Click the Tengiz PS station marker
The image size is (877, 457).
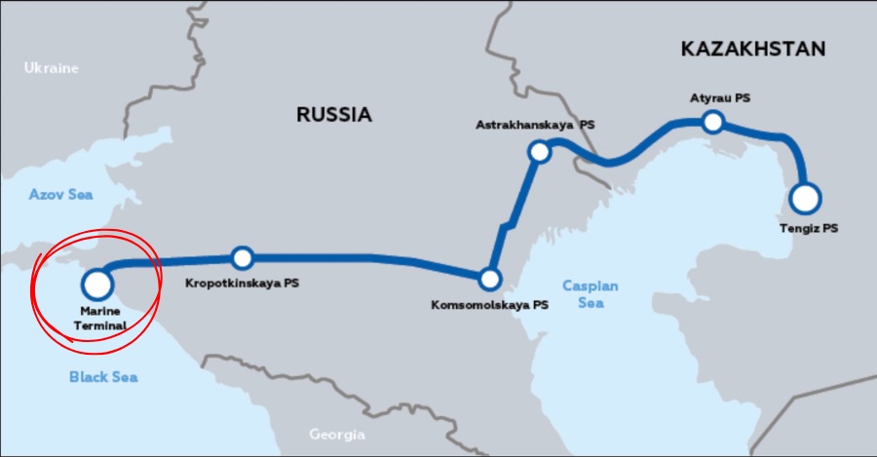pyautogui.click(x=805, y=198)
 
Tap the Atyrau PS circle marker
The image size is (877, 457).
pyautogui.click(x=713, y=122)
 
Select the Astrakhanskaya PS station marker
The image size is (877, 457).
pyautogui.click(x=539, y=151)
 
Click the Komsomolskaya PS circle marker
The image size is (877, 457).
pyautogui.click(x=490, y=280)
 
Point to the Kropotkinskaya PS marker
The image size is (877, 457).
pyautogui.click(x=243, y=258)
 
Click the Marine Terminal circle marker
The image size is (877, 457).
pyautogui.click(x=96, y=285)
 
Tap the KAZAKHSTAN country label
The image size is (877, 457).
pyautogui.click(x=753, y=49)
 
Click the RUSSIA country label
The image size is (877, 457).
pyautogui.click(x=334, y=115)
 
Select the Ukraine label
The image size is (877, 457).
pyautogui.click(x=52, y=68)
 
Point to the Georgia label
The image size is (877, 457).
pyautogui.click(x=336, y=435)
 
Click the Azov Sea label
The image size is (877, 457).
pyautogui.click(x=60, y=195)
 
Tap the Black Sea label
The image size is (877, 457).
pyautogui.click(x=102, y=376)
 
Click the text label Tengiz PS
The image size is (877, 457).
pyautogui.click(x=808, y=228)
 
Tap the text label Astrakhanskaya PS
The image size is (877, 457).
pyautogui.click(x=535, y=126)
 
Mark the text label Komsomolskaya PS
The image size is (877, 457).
pyautogui.click(x=489, y=305)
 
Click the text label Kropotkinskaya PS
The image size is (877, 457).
pyautogui.click(x=243, y=285)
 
